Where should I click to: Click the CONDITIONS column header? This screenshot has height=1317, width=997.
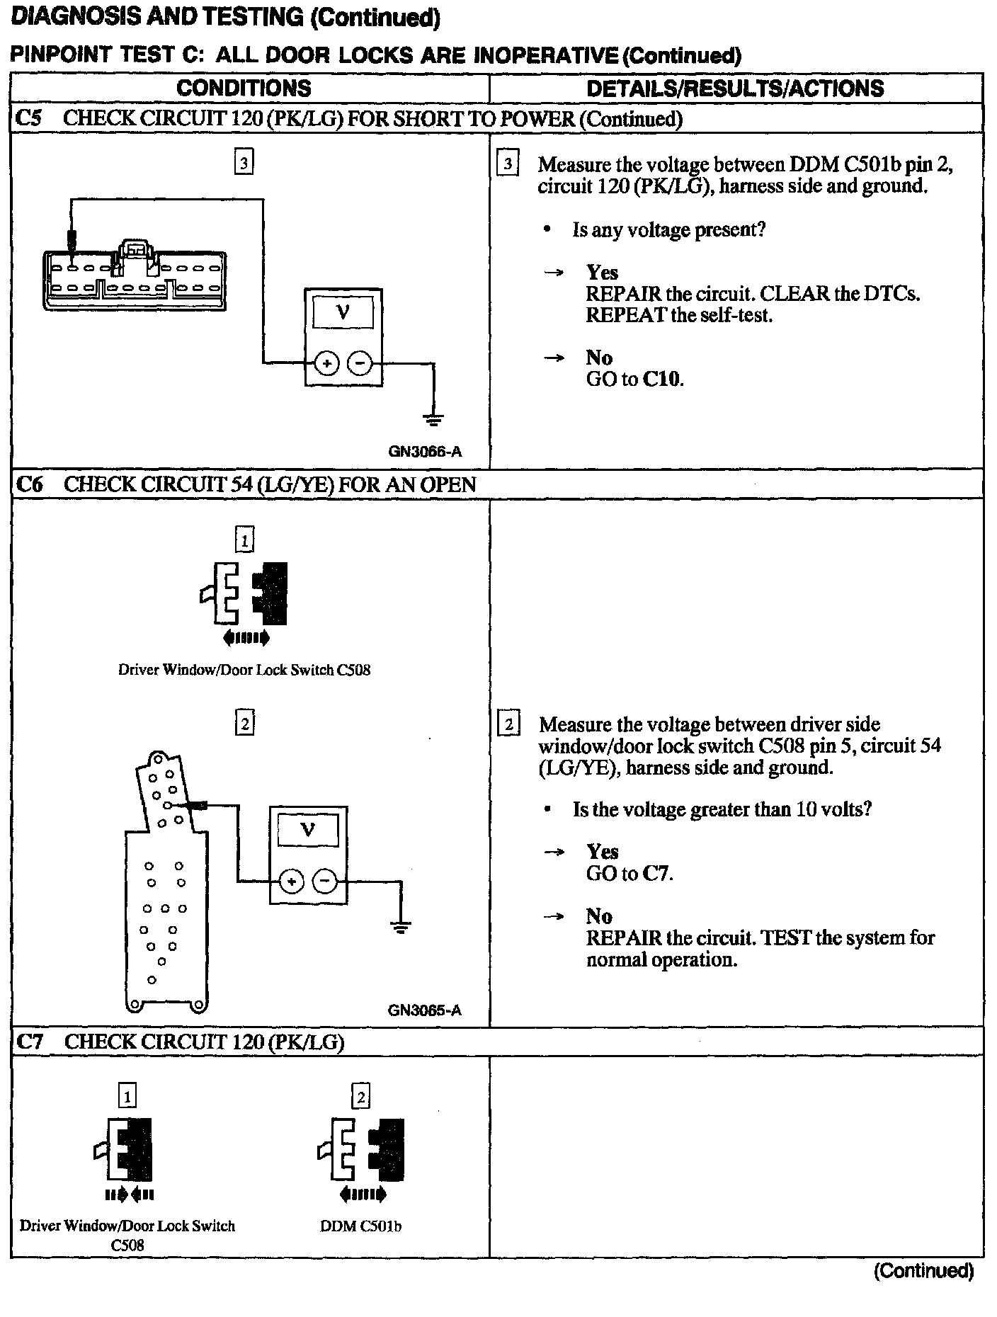click(x=244, y=89)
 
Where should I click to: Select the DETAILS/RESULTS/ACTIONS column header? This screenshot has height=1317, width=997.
click(x=735, y=89)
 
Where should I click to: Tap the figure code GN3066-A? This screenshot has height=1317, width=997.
click(x=425, y=452)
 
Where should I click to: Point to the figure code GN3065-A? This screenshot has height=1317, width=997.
click(x=424, y=1010)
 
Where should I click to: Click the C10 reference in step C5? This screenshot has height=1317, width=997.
click(x=663, y=380)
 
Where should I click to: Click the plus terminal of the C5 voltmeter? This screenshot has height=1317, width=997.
click(x=326, y=364)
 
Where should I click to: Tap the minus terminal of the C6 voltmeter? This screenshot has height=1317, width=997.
click(x=325, y=882)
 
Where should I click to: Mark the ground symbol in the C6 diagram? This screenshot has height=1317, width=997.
click(x=400, y=928)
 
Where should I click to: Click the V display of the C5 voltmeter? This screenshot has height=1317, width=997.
click(x=343, y=313)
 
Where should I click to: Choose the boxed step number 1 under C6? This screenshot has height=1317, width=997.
click(x=244, y=541)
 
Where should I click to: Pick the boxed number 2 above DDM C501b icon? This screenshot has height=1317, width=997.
click(x=360, y=1097)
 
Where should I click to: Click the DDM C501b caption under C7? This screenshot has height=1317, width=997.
click(x=360, y=1226)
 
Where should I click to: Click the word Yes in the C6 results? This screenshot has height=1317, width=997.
click(x=602, y=852)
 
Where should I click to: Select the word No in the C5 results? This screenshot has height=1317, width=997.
click(x=599, y=358)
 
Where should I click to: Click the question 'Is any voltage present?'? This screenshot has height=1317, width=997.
click(x=668, y=230)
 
